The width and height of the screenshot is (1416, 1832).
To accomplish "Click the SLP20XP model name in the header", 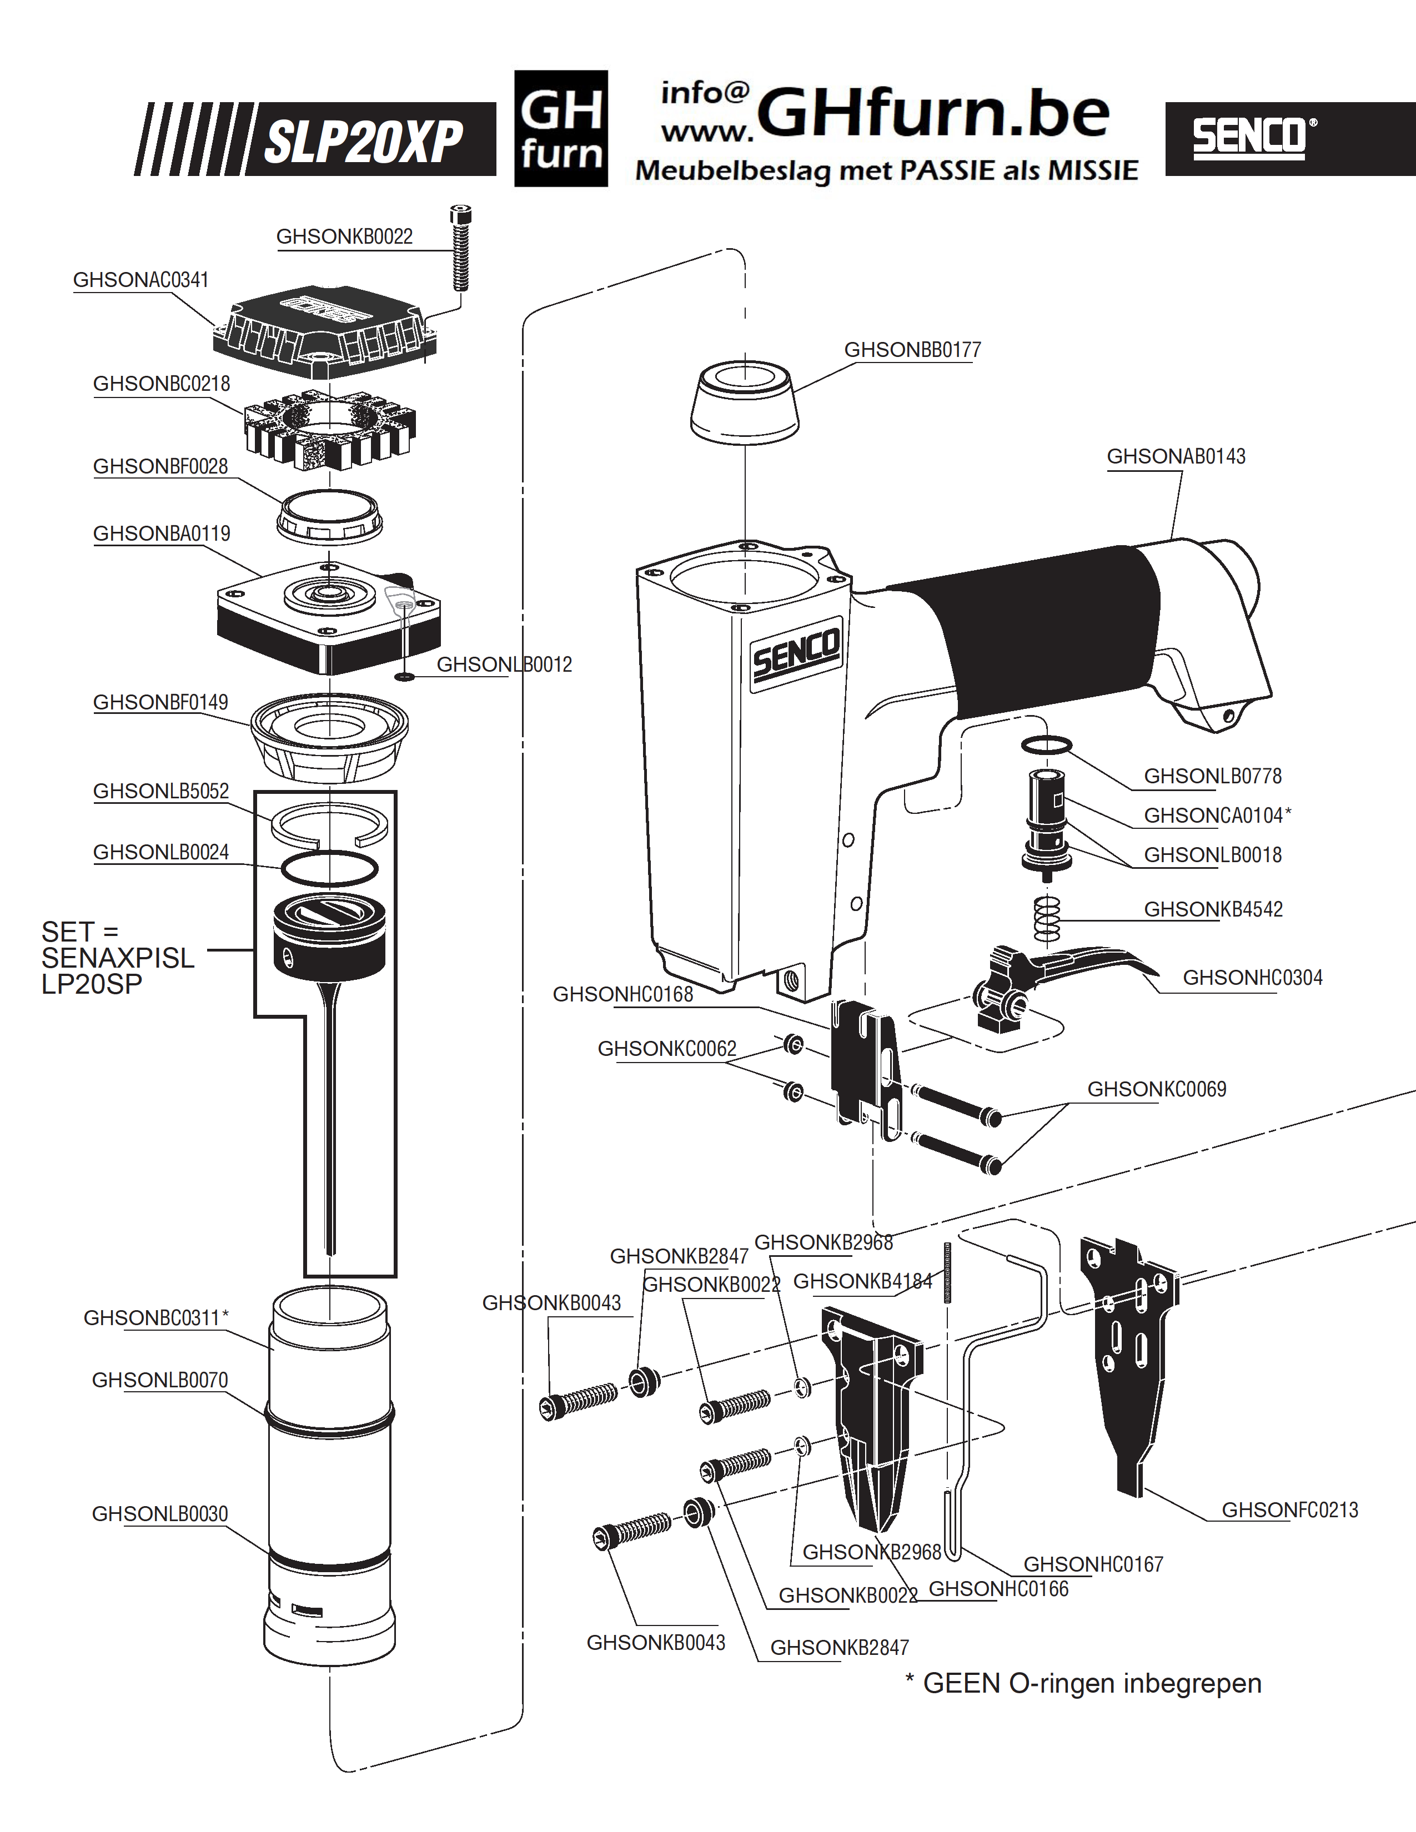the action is click(363, 141).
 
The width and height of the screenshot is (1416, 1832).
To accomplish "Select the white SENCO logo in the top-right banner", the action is click(1254, 138).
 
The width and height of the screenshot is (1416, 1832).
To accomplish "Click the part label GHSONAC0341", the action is click(141, 280).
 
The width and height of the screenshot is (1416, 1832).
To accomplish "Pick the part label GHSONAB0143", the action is click(1176, 456).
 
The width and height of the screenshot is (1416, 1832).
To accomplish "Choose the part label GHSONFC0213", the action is click(1289, 1510).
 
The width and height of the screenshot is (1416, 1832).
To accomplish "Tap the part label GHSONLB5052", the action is click(161, 791).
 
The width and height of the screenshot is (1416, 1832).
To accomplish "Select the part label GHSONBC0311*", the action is click(156, 1318).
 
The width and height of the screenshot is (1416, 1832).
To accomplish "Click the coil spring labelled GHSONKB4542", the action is click(1048, 919).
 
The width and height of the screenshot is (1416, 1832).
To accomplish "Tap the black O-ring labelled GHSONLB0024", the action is click(330, 868).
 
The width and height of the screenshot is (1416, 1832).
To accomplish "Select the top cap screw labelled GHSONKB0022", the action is click(460, 248).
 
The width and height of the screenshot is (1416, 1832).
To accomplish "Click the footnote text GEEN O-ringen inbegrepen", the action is click(1092, 1684).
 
